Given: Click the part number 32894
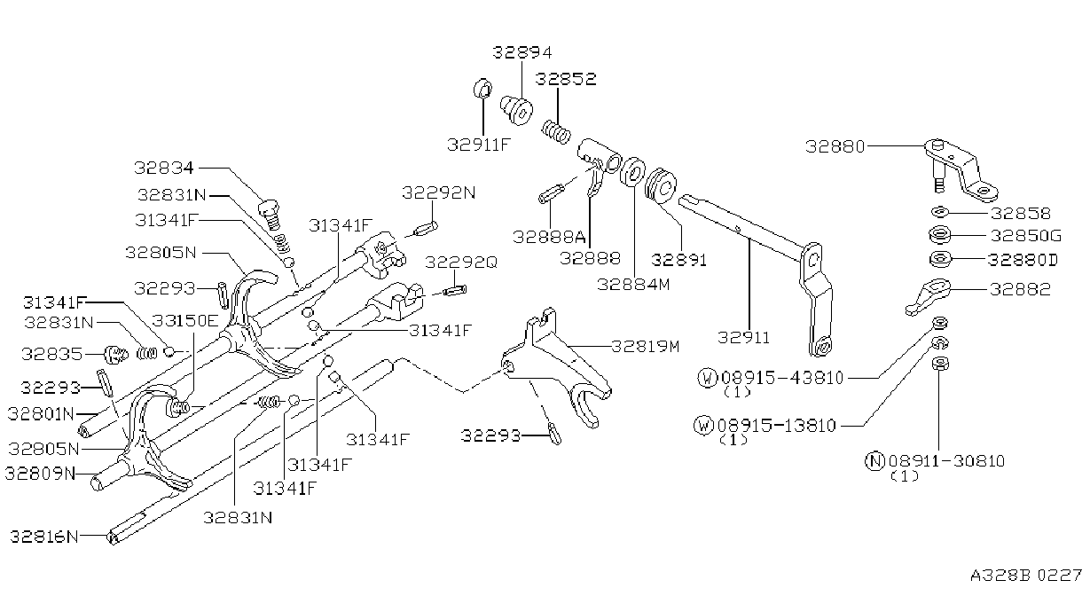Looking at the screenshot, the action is click(522, 52).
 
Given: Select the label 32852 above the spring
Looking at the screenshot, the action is click(566, 79).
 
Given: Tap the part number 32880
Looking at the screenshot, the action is click(835, 146).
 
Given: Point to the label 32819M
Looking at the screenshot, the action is click(646, 347).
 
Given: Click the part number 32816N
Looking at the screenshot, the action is click(43, 537).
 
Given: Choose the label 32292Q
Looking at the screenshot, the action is click(461, 263).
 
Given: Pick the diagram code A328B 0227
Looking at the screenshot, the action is click(1026, 576).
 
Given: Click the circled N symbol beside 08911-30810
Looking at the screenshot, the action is click(874, 460).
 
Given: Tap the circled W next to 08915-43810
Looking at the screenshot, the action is click(707, 378).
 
